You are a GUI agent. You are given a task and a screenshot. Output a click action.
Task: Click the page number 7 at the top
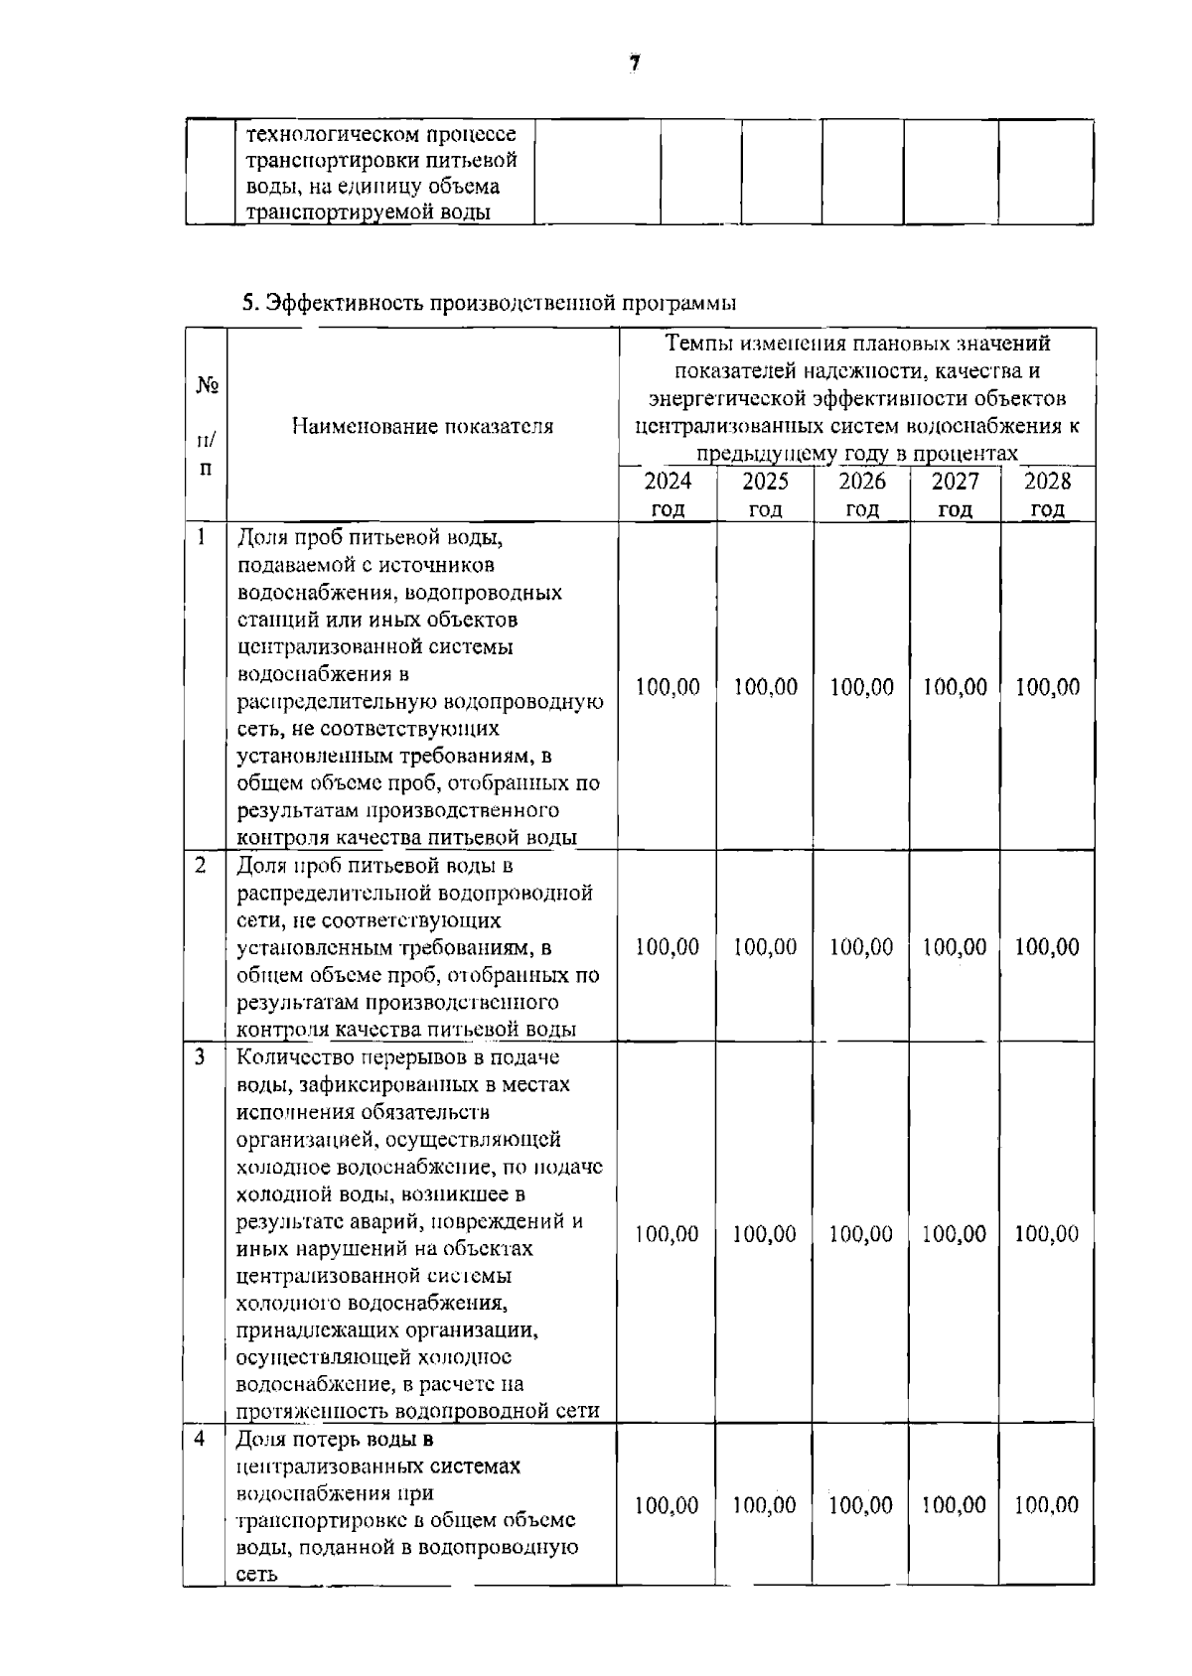point(634,64)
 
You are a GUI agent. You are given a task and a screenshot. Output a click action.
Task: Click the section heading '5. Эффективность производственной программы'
point(491,302)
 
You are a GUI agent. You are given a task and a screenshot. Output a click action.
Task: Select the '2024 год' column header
point(668,494)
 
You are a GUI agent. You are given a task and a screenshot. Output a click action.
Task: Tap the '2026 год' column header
point(862,494)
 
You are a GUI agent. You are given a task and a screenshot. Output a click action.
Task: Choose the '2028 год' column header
point(1048,494)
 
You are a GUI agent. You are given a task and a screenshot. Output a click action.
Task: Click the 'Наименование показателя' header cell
point(423,426)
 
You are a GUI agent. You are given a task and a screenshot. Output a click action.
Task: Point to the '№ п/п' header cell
point(206,426)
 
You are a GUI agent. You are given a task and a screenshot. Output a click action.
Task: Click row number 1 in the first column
point(203,537)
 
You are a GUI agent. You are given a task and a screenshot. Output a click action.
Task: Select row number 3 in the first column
point(201,1056)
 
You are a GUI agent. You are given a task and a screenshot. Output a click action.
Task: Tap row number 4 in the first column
point(201,1438)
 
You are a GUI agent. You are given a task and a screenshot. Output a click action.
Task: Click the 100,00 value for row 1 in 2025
point(765,687)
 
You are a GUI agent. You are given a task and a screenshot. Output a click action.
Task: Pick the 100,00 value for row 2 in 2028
point(1047,946)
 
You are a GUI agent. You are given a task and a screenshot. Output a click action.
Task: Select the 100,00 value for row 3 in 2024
point(668,1234)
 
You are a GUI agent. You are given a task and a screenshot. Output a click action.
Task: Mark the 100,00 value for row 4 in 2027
point(954,1505)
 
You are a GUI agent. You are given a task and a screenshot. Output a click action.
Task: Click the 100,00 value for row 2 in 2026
point(861,946)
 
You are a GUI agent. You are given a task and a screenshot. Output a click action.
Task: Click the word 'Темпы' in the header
point(696,344)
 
